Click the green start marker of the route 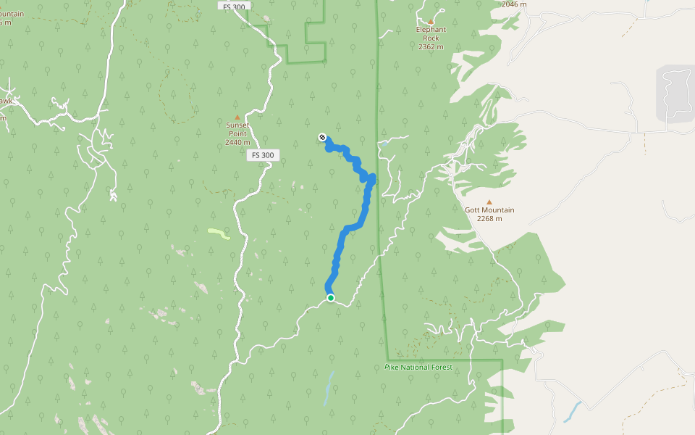pos(330,298)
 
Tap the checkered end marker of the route pos(322,137)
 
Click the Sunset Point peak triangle pos(237,117)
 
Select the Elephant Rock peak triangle pos(431,22)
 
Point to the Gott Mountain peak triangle pos(489,202)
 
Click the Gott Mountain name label pos(489,210)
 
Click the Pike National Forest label pos(418,367)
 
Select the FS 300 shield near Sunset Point pos(264,155)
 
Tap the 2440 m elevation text pos(237,142)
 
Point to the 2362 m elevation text pos(431,46)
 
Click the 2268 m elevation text pos(489,218)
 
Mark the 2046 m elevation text pos(514,4)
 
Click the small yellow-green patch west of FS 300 pos(219,233)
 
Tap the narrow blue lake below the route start pos(329,388)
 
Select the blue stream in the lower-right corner pos(572,412)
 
